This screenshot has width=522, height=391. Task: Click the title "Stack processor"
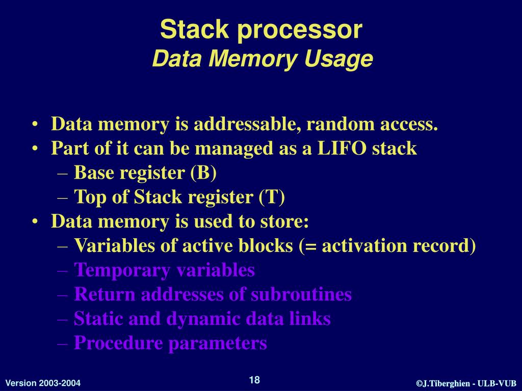tap(261, 30)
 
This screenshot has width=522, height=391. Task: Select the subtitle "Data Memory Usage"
tap(263, 59)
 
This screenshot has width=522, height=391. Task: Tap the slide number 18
tap(254, 380)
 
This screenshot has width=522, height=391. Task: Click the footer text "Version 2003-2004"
tap(43, 383)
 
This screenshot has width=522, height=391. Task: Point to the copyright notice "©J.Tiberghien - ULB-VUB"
tap(466, 383)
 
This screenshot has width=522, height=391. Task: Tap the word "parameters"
tap(218, 343)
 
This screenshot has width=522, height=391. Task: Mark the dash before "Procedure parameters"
tap(63, 344)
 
